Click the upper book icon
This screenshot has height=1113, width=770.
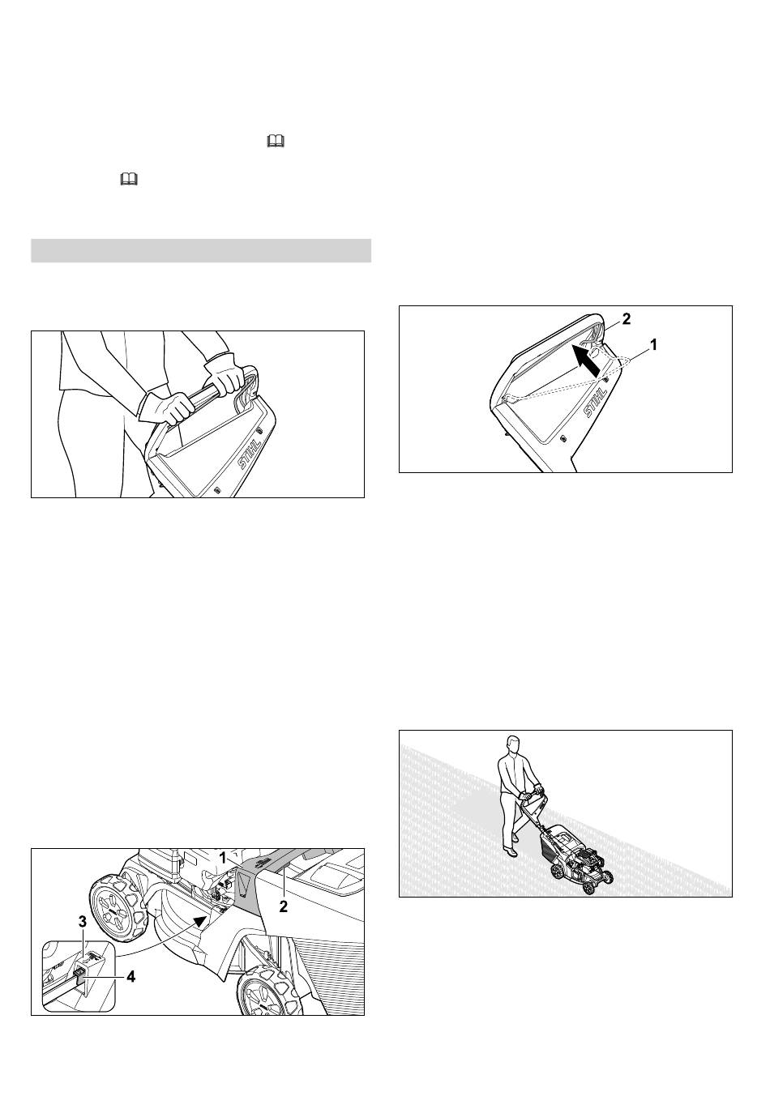(x=276, y=142)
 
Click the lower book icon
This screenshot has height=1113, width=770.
(x=129, y=179)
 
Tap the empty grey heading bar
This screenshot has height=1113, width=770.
(x=201, y=250)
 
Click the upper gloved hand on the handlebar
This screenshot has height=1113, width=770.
(x=225, y=373)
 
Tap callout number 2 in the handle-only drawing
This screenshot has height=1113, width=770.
(x=627, y=319)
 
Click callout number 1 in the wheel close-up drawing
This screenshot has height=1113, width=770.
(x=223, y=858)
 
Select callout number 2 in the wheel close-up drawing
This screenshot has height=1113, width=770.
(x=284, y=906)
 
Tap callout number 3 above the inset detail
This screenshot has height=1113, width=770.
(x=83, y=922)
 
